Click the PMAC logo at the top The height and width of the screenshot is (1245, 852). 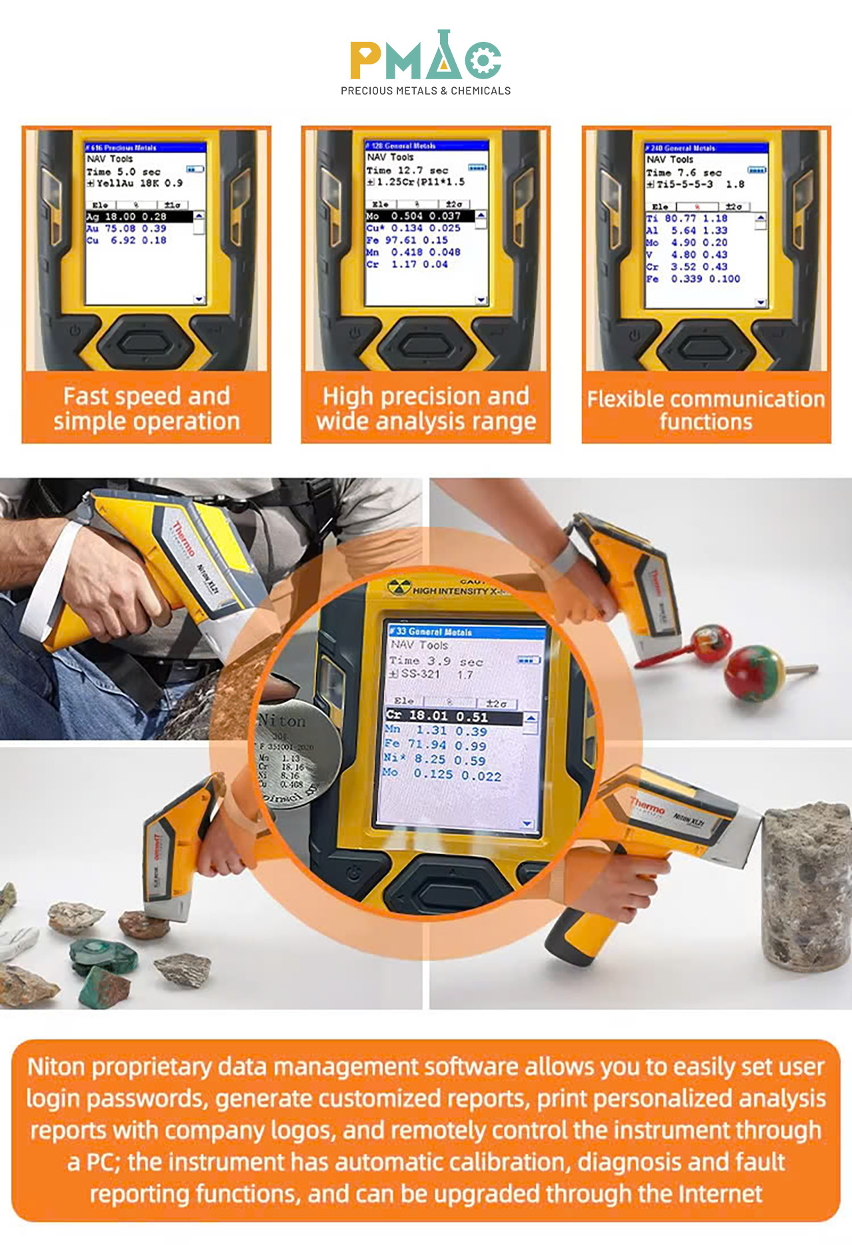[x=426, y=57]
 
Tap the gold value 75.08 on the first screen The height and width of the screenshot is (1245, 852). [x=120, y=228]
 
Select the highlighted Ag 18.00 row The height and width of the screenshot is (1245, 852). [x=138, y=216]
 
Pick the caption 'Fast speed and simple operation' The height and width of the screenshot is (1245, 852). [x=146, y=408]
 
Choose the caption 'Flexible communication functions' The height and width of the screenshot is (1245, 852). [x=706, y=409]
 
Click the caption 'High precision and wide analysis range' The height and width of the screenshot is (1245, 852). [x=426, y=408]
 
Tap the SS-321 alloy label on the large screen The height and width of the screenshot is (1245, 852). [x=421, y=674]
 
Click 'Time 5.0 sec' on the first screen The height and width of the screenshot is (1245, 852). [x=123, y=172]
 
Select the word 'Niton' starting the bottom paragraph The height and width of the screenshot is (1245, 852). [x=56, y=1067]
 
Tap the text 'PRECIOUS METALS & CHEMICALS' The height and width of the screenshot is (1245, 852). [x=426, y=91]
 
